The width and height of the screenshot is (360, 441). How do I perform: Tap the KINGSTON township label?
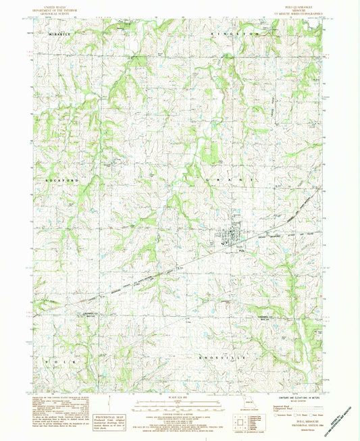234,33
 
